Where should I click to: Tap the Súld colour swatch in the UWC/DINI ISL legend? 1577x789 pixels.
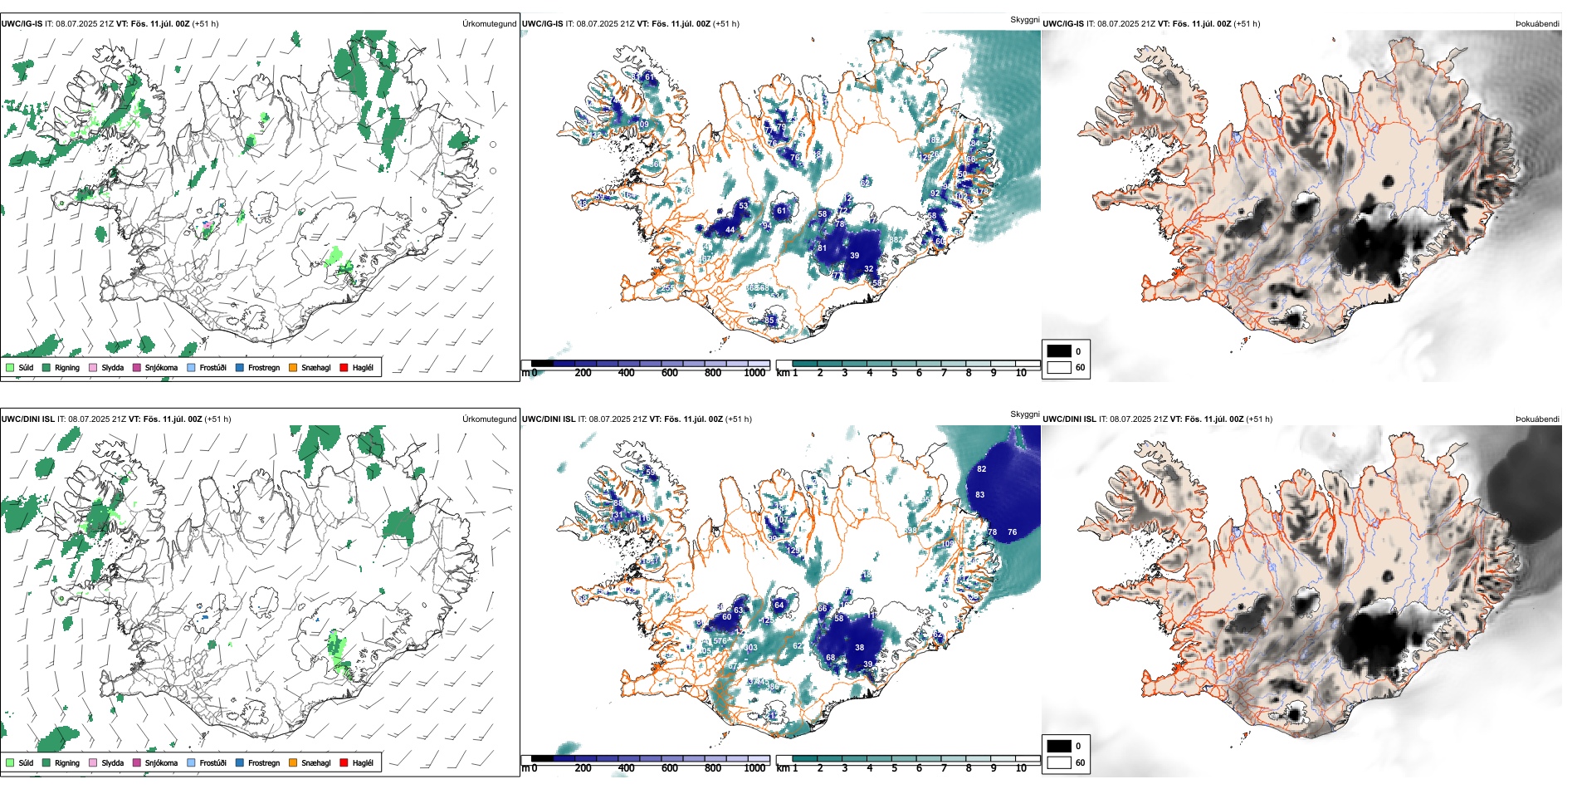click(x=10, y=762)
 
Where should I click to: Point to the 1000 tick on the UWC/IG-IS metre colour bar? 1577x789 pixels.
click(x=754, y=373)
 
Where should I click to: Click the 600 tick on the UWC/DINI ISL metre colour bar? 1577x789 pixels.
click(x=670, y=768)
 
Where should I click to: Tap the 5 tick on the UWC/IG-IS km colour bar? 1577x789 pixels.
click(x=894, y=373)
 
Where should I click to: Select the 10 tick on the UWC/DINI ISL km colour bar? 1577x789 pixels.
click(x=1021, y=768)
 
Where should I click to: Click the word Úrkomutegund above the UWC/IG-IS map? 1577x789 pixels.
click(x=489, y=24)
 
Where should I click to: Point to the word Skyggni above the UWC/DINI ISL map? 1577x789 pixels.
click(x=1024, y=414)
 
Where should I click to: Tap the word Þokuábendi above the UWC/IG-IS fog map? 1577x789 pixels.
click(x=1537, y=24)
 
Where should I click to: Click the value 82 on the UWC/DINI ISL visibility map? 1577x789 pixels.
click(x=982, y=469)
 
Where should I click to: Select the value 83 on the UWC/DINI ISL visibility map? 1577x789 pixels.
click(x=980, y=495)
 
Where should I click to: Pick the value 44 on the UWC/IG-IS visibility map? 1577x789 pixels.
click(x=730, y=230)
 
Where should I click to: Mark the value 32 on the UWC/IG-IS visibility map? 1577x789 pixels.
click(x=868, y=269)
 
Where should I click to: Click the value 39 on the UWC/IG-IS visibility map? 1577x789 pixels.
click(x=854, y=256)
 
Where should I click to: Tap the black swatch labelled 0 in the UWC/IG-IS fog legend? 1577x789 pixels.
click(x=1059, y=351)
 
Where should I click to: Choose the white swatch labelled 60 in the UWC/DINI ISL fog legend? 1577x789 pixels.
click(x=1059, y=762)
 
